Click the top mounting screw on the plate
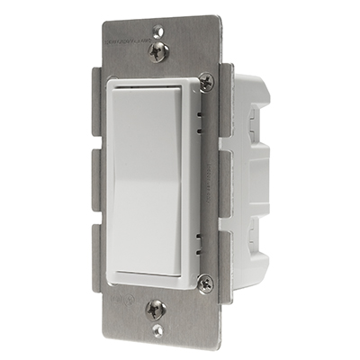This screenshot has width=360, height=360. click(158, 49)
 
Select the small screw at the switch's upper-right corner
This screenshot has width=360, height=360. click(205, 82)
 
